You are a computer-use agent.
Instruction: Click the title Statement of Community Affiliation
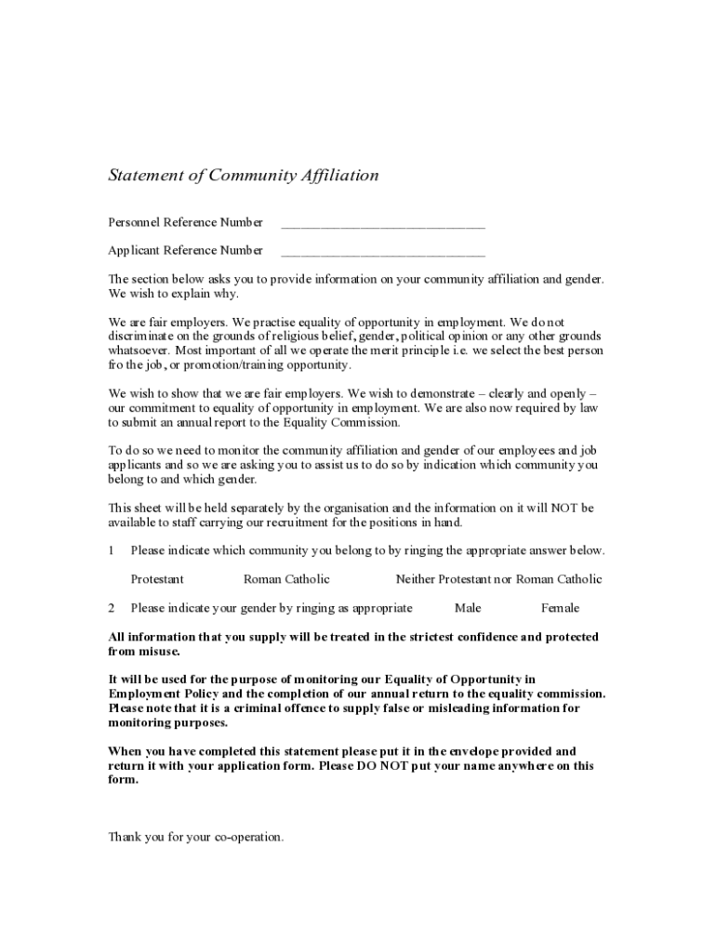(x=244, y=176)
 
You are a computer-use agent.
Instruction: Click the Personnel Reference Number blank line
(x=382, y=224)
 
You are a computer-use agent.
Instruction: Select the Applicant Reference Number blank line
(x=382, y=252)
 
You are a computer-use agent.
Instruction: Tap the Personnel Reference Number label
(x=186, y=222)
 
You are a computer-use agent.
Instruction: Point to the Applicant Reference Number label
(x=186, y=250)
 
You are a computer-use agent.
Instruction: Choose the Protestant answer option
(x=157, y=579)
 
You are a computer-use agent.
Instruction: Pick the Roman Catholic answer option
(x=286, y=579)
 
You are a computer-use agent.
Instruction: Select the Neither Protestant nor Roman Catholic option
(x=498, y=579)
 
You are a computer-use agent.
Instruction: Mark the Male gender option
(x=468, y=608)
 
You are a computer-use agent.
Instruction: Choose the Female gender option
(x=560, y=608)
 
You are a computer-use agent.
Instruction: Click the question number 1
(x=112, y=550)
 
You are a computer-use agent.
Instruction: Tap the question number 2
(x=112, y=608)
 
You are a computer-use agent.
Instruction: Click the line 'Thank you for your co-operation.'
(x=196, y=837)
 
